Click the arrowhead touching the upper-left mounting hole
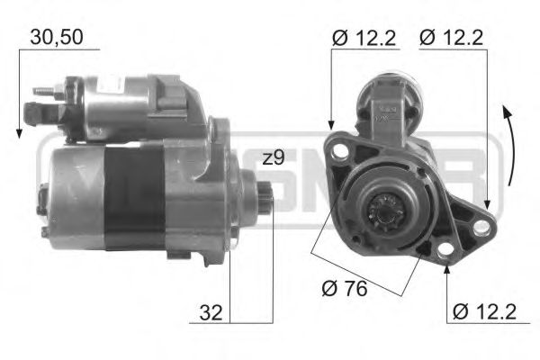[331, 129]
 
